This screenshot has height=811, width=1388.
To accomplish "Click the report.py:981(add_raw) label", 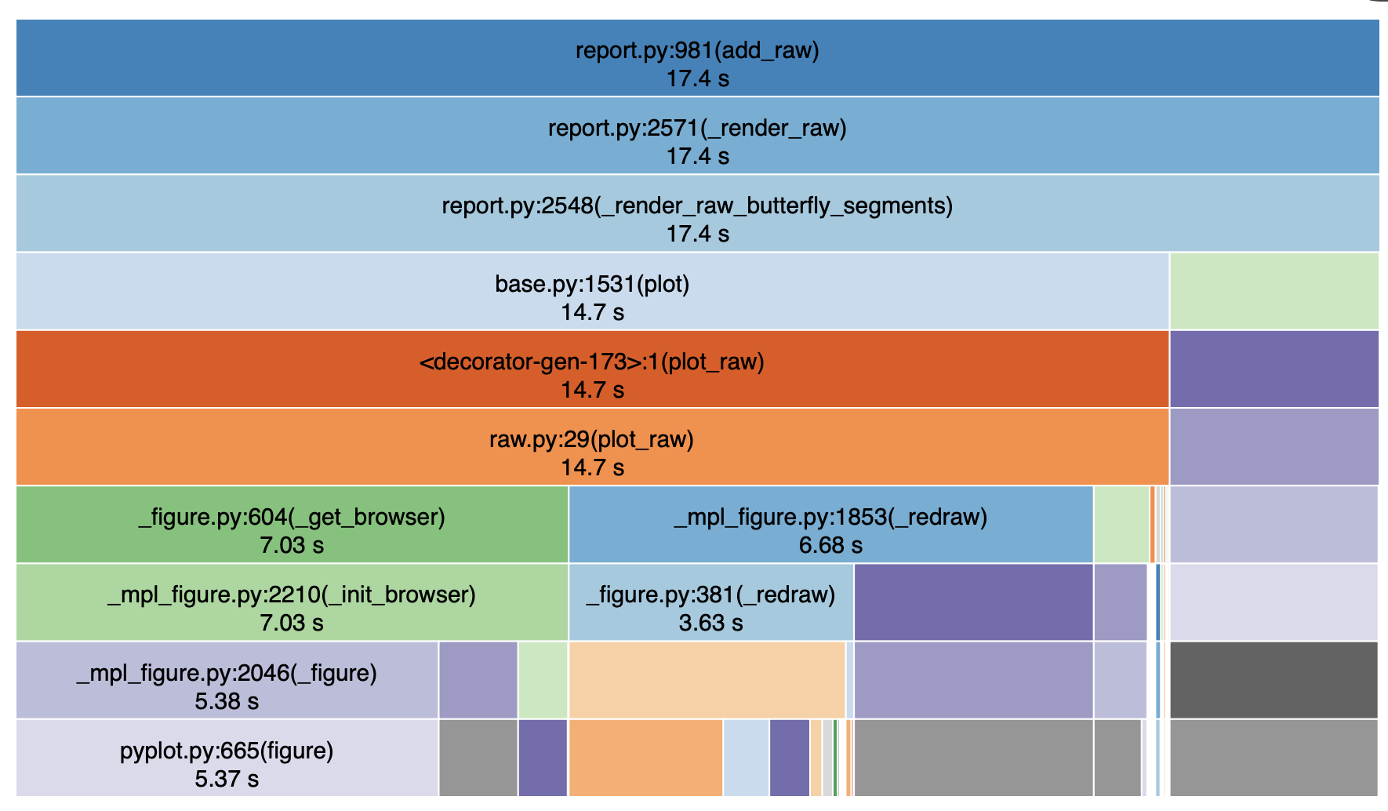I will [697, 50].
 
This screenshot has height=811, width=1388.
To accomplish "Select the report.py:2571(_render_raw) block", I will [697, 135].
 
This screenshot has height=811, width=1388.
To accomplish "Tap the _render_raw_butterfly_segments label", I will [697, 205].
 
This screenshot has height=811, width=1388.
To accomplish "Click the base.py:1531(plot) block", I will [592, 291].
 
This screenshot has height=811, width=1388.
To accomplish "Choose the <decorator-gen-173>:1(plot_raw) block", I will [592, 369].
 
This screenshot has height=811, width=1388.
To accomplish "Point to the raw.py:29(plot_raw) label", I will [592, 439].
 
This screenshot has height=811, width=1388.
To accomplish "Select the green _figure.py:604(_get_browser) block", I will [292, 524].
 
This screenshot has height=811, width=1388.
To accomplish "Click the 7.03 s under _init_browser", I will [292, 623].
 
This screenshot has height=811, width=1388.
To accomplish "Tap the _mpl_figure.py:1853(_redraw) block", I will [830, 524].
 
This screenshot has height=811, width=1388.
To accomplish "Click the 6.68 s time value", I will [830, 545].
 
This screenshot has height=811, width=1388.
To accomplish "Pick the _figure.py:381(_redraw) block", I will [710, 602].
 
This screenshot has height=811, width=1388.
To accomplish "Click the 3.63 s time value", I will [710, 623].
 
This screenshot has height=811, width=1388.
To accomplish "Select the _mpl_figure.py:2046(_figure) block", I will [227, 680].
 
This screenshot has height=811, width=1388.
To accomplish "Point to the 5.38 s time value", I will [227, 701].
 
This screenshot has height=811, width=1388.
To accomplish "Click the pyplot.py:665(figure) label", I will [227, 751].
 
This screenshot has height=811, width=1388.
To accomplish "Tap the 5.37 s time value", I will [227, 779].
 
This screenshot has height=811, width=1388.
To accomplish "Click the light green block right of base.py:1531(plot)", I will [1274, 291].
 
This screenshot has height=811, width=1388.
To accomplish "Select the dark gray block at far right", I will [1274, 680].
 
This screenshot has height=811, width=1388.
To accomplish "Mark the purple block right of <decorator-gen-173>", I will [1274, 369].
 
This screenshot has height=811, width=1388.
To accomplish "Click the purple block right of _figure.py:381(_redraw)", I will [973, 602].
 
